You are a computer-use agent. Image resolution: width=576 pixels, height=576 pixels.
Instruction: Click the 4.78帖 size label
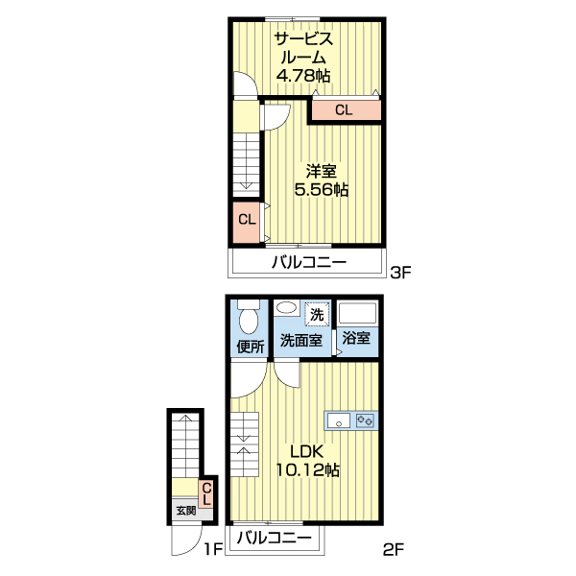(303, 76)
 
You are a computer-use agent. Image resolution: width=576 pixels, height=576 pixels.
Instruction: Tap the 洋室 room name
(321, 171)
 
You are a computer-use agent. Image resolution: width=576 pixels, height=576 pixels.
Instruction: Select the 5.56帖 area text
(321, 189)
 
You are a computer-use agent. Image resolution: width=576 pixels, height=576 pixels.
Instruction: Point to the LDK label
(307, 451)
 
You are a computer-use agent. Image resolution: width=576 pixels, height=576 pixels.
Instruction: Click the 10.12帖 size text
(307, 469)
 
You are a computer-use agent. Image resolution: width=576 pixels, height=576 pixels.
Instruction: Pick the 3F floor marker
(400, 273)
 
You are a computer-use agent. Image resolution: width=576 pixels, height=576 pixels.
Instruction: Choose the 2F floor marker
(394, 550)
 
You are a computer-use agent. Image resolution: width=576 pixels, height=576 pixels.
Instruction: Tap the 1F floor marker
(213, 550)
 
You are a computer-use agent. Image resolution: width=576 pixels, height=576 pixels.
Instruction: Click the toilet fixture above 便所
(250, 317)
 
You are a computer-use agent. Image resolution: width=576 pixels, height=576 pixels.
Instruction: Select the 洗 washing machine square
(317, 314)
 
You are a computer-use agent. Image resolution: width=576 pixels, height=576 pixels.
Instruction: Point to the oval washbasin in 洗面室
(287, 307)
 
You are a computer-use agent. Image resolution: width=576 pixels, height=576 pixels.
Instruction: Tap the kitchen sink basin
(339, 420)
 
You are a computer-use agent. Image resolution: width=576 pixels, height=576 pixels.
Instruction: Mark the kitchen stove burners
(365, 420)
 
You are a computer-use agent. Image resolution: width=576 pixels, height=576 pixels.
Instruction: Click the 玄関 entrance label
(186, 511)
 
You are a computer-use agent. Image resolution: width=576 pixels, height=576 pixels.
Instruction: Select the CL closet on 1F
(206, 494)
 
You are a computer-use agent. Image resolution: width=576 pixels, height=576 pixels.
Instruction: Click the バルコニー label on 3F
(309, 263)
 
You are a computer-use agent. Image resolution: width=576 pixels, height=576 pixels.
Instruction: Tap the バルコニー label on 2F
(274, 539)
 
